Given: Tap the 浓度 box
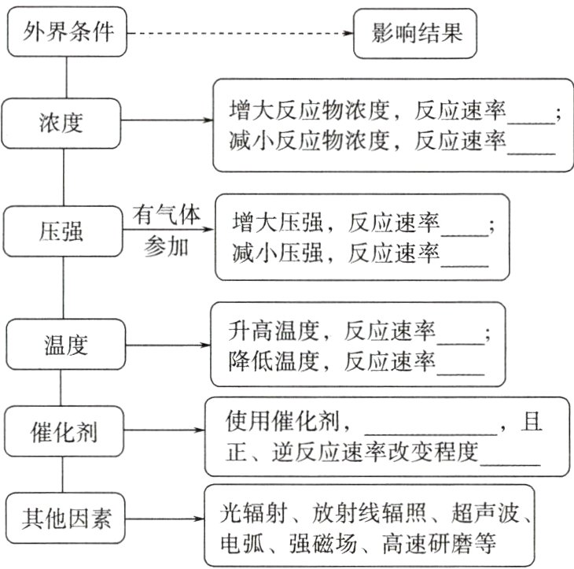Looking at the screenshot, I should click(x=62, y=123).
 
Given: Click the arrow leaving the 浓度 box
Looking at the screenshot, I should click(x=168, y=122).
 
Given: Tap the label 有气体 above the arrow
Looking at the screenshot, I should click(x=167, y=214).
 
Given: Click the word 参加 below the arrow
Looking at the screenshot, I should click(x=167, y=247).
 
